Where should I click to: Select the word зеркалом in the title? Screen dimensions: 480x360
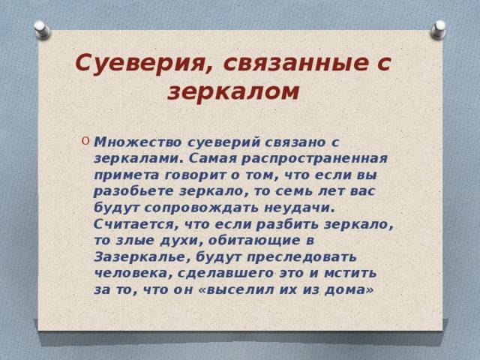[x=233, y=91]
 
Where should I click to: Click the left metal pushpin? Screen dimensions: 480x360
[x=42, y=30]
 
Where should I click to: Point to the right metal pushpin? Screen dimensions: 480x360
[x=438, y=30]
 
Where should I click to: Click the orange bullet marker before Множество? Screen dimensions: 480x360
[x=85, y=141]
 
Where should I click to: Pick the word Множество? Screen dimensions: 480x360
[x=137, y=142]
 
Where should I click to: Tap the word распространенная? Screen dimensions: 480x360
[x=314, y=159]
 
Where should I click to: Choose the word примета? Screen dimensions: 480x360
[x=127, y=175]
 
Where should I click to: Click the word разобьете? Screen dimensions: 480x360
[x=133, y=191]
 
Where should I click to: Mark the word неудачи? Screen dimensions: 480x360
[x=298, y=208]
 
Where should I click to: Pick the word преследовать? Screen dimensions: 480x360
[x=301, y=256]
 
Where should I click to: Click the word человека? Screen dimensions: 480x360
[x=133, y=273]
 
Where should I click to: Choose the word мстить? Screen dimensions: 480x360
[x=350, y=273]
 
